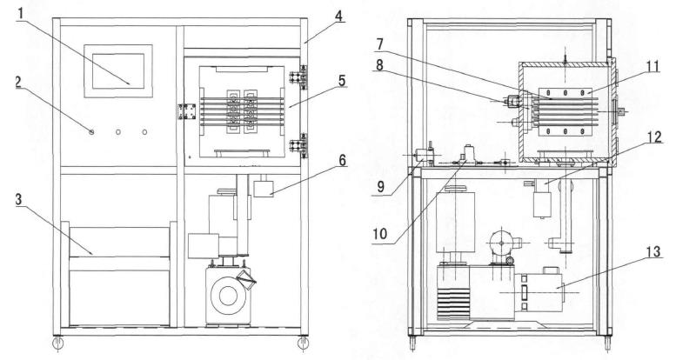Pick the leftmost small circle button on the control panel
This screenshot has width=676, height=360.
pyautogui.click(x=91, y=131)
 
